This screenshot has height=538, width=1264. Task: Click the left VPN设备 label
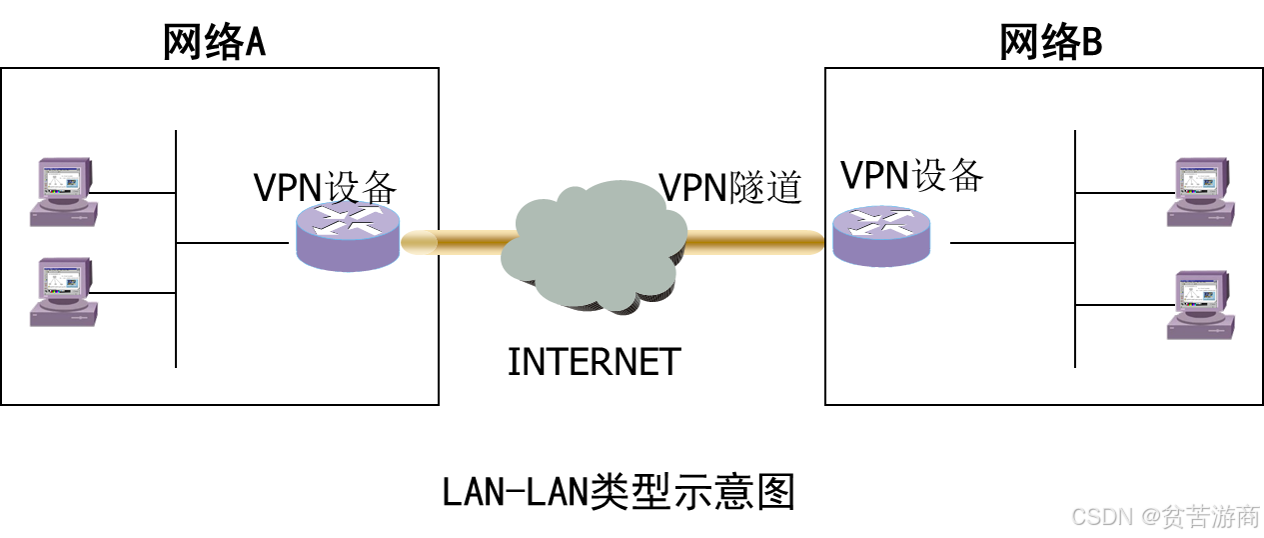(326, 187)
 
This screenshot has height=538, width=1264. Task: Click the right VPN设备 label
(912, 175)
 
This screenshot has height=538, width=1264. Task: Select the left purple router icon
(348, 239)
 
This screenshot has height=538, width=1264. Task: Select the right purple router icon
(881, 236)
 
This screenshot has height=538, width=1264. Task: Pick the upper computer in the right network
(1201, 191)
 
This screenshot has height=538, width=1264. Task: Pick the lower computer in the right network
(1201, 304)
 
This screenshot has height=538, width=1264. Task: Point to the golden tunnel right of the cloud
(749, 241)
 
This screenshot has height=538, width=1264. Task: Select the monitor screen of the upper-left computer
(60, 180)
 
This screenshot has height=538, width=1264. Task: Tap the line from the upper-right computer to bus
(1121, 192)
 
